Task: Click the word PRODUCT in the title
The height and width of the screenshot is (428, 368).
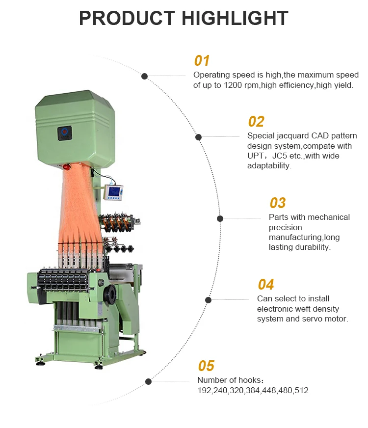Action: pos(127,18)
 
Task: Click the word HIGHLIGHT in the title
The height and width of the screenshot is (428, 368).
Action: pos(235,18)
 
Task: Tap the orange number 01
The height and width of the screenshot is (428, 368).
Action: pos(202,61)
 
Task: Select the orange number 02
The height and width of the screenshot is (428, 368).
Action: pos(256,122)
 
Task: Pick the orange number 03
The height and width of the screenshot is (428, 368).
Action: pos(278,203)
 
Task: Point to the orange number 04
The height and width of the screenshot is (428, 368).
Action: pos(266,285)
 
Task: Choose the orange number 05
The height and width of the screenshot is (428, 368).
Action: pos(206,366)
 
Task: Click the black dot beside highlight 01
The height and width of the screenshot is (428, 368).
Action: pos(144,76)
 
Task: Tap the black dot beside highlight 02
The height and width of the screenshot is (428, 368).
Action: pos(199,137)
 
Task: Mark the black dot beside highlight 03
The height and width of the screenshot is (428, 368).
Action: pos(220,218)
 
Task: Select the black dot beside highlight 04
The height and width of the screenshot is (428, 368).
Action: pos(209,300)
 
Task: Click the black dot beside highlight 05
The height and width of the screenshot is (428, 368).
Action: pos(148,381)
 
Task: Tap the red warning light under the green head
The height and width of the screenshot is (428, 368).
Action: pos(66,167)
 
